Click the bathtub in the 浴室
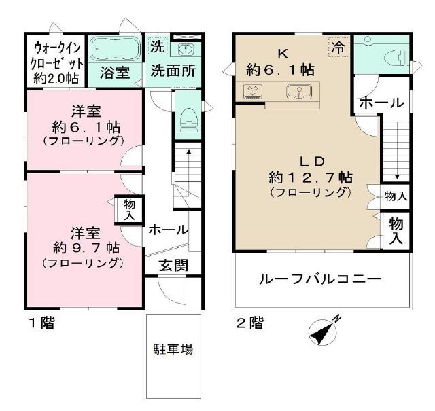pos(115,50)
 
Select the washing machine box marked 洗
pos(157,48)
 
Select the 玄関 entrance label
pos(175,266)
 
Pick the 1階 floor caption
pos(40,323)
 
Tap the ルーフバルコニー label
pos(318,279)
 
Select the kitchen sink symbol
pos(298,90)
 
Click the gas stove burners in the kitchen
pos(254,90)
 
